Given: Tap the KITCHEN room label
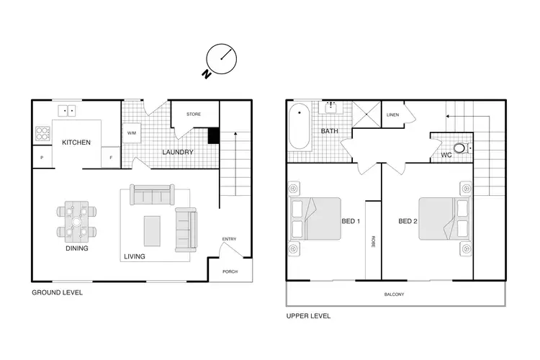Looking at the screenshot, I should coord(76,143).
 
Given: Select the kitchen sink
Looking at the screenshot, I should coord(68,111).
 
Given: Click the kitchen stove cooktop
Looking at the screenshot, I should coord(42,133).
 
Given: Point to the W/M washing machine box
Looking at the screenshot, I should coord(132,133).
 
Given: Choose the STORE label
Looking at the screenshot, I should coord(193,114).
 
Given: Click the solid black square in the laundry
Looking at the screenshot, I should coord(213,135).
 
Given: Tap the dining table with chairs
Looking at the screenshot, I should coord(76,221).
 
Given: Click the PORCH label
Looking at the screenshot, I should coord(230,271).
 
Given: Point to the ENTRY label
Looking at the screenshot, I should coord(229,240).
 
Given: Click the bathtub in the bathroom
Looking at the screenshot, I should coord(298,127).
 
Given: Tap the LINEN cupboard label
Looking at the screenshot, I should coord(392,114).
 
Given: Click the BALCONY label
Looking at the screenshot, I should coord(394,294).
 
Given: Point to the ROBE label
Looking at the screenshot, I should coord(373,242).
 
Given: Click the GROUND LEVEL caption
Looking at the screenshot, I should coord(57,293).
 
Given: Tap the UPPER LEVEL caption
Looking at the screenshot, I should coord(309,316).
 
